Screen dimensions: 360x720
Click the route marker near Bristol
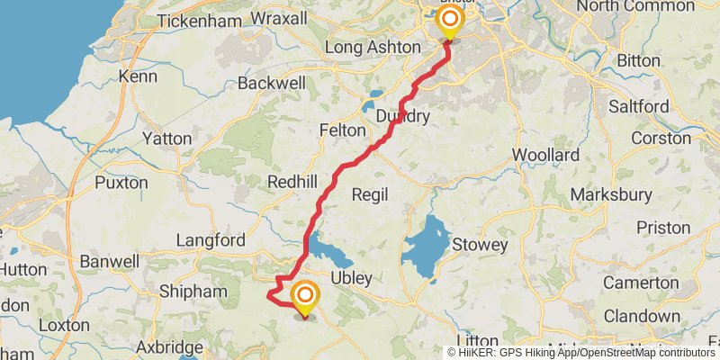coord(447,22)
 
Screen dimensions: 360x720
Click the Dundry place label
coord(403,116)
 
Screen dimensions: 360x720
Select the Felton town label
coord(342,130)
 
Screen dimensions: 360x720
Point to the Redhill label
coord(292,182)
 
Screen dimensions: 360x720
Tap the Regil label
coord(369,194)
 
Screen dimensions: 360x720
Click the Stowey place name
coord(480,245)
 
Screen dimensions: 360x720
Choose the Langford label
coord(211,240)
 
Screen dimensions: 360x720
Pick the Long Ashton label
coord(373,47)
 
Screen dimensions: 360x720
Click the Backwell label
coord(268,84)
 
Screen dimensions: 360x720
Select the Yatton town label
coord(167,139)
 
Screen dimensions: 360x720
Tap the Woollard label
coord(545,155)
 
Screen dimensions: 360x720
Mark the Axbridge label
coord(169,346)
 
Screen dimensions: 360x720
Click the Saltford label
coord(639,106)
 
